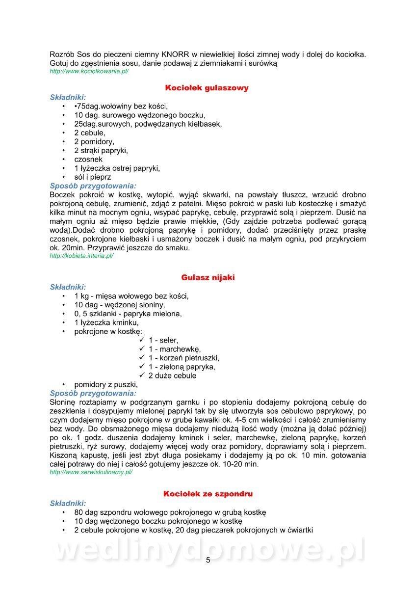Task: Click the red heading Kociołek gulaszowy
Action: (207, 88)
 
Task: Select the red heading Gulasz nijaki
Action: (208, 277)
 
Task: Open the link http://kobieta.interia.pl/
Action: (81, 256)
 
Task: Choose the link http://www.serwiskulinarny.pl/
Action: (91, 472)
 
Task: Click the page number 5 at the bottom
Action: (208, 560)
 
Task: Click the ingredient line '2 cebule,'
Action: (90, 133)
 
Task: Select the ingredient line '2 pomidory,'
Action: (94, 141)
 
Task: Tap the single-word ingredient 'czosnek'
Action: (88, 159)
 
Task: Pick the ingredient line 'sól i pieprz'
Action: (93, 177)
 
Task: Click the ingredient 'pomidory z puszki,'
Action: (106, 384)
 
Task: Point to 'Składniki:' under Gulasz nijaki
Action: (68, 287)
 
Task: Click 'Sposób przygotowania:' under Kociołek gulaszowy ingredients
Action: (93, 186)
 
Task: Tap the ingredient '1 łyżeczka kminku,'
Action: (106, 322)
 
